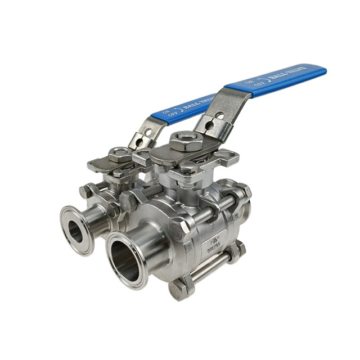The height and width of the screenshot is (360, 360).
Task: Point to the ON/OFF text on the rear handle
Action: (x=167, y=115)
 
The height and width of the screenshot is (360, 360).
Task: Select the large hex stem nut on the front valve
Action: (x=183, y=140)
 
